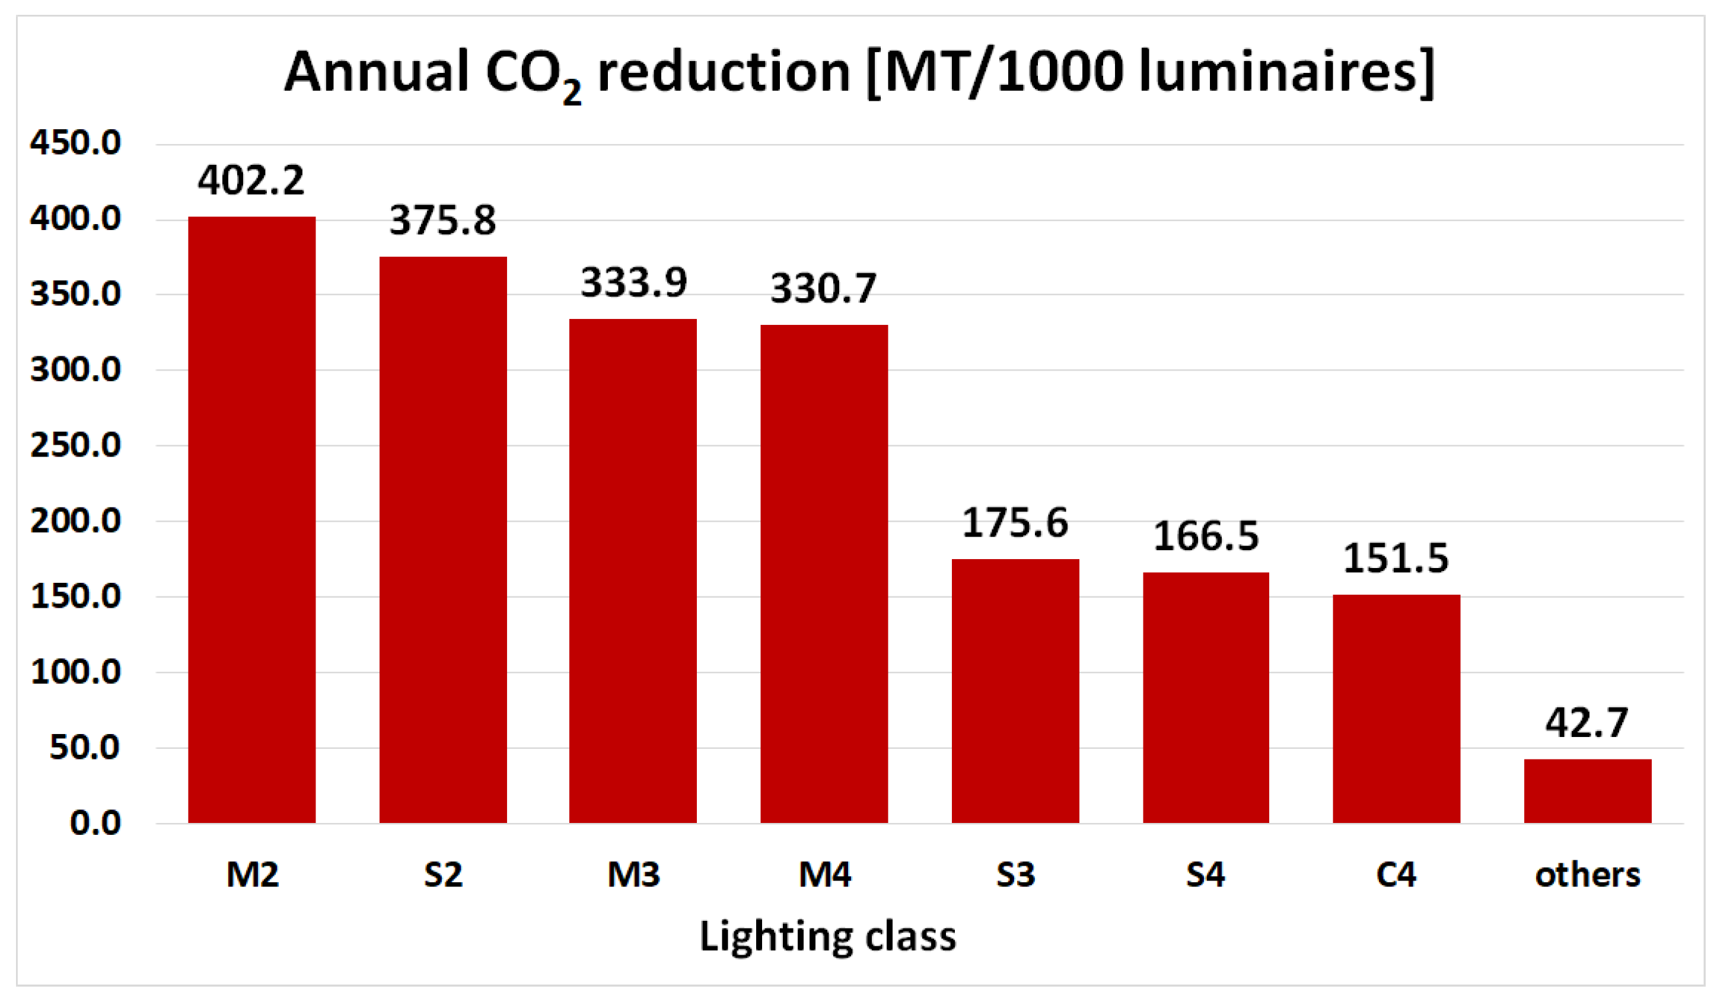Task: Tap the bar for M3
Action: pos(633,570)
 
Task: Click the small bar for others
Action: pos(1587,791)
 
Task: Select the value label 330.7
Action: pos(823,288)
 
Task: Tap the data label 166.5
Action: pos(1206,537)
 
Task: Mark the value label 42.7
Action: pos(1586,723)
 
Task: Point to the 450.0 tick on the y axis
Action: pos(75,143)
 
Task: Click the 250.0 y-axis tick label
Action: pos(75,445)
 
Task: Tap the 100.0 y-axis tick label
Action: pos(75,671)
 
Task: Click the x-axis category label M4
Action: pos(824,875)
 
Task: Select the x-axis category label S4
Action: pos(1206,875)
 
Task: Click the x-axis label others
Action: pos(1587,875)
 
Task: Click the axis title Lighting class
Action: pos(827,936)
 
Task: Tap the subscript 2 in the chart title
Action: pos(572,92)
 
